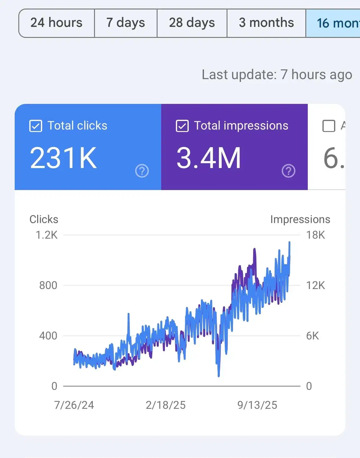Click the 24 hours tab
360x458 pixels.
pyautogui.click(x=56, y=23)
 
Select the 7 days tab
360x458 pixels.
pyautogui.click(x=125, y=23)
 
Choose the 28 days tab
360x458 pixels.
pyautogui.click(x=192, y=23)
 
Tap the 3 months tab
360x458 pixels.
pyautogui.click(x=266, y=23)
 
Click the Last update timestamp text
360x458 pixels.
pyautogui.click(x=277, y=75)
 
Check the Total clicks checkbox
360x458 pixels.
pyautogui.click(x=36, y=126)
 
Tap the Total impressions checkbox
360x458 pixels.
pyautogui.click(x=182, y=126)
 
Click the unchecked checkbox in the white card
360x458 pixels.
pyautogui.click(x=329, y=126)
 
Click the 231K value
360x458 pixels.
pyautogui.click(x=63, y=158)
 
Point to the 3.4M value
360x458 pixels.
pyautogui.click(x=209, y=158)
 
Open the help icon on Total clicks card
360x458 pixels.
pyautogui.click(x=142, y=171)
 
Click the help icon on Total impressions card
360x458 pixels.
pyautogui.click(x=289, y=171)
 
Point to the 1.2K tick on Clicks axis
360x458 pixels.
pyautogui.click(x=47, y=235)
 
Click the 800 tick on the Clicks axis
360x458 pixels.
pyautogui.click(x=48, y=285)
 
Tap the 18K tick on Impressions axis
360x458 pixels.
pyautogui.click(x=316, y=235)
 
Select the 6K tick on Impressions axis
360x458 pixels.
pyautogui.click(x=313, y=336)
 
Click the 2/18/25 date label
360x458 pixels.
pyautogui.click(x=165, y=405)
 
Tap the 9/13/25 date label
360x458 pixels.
pyautogui.click(x=257, y=405)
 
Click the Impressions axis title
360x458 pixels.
pyautogui.click(x=300, y=219)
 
